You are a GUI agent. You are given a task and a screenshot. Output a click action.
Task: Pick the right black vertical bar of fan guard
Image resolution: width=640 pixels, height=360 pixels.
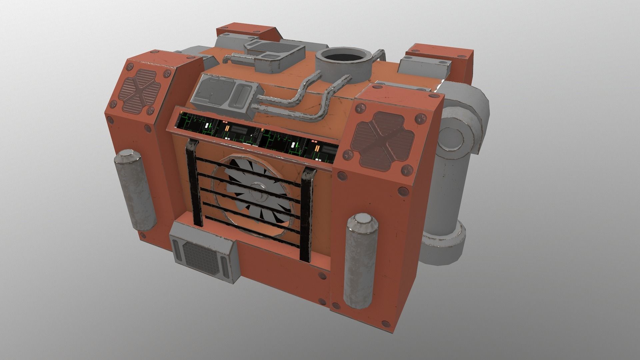307,215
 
